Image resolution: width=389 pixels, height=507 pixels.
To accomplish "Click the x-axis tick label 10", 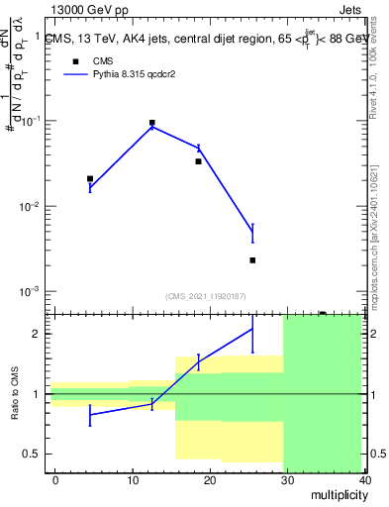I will point(132,479).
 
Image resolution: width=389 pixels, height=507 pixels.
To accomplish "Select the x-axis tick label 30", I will point(285,479).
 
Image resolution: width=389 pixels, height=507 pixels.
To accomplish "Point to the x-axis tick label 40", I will point(361,479).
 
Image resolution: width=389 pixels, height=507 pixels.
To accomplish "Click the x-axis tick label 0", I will point(55,479).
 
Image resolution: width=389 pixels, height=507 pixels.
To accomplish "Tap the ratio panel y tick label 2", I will point(38,334).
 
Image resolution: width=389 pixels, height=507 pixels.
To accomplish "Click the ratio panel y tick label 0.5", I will point(34,454).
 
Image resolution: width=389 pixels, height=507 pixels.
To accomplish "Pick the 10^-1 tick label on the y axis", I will point(32,121).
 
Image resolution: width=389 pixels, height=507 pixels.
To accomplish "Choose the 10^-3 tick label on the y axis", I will point(32,292).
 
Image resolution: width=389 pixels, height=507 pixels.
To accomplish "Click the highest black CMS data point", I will point(151,123).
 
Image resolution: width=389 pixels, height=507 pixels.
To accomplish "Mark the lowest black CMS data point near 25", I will point(252,260).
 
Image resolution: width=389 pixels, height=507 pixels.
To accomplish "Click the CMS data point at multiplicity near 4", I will point(90,179).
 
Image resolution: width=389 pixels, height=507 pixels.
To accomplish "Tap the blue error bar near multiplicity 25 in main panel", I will point(252,233).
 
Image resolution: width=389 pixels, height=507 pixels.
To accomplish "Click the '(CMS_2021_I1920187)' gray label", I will point(205,295).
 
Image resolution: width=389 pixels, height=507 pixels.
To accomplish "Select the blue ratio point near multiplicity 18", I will point(198,361).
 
